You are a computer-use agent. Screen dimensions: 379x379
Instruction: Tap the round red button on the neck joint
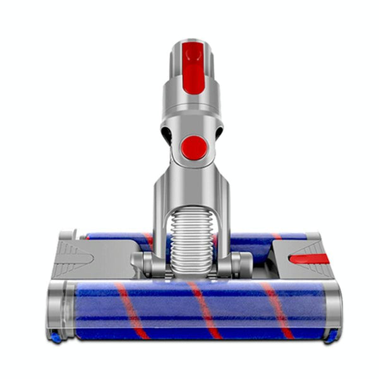click(x=193, y=147)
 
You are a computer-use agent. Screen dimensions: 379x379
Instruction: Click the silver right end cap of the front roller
click(x=332, y=310)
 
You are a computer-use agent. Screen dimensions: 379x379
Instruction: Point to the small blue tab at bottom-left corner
click(x=56, y=338)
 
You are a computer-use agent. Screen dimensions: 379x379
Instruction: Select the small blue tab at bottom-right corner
click(x=330, y=337)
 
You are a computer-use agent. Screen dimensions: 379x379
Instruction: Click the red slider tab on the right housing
click(x=308, y=258)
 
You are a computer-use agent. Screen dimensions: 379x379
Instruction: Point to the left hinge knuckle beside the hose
click(x=147, y=263)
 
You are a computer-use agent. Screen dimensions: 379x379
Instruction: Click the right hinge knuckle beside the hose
click(x=241, y=263)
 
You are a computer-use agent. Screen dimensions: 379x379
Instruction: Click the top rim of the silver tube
click(x=193, y=42)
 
